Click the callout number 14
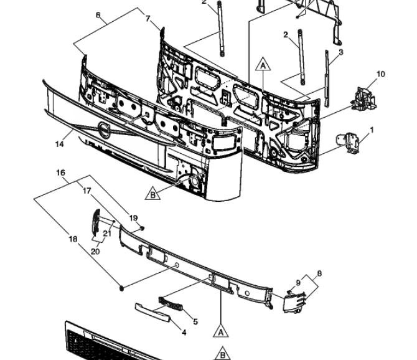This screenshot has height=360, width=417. pos(60,144)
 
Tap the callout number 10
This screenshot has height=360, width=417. pos(381,74)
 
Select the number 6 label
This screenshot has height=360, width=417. pos(98,15)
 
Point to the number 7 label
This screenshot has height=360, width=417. pos(148,19)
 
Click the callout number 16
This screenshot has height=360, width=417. pos(60,173)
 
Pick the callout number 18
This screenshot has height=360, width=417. pos(73,239)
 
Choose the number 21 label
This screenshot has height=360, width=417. pos(107,234)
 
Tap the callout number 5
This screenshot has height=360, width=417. pos(195,321)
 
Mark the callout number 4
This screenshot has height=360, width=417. pos(184,332)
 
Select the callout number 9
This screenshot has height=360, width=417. pos(298,283)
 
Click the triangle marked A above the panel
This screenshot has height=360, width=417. pos(263,64)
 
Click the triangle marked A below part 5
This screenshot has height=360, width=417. pos(221,331)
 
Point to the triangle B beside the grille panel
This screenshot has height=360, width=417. pos(152,194)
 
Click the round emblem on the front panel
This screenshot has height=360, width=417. pos(105,130)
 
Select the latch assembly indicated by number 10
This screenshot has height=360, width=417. pos(364,98)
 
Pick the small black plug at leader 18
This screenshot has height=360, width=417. pos(122,288)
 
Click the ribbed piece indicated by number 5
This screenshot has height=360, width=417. pos(171,305)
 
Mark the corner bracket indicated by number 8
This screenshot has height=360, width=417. pos(294,302)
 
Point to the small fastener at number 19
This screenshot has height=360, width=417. pos(142,229)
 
